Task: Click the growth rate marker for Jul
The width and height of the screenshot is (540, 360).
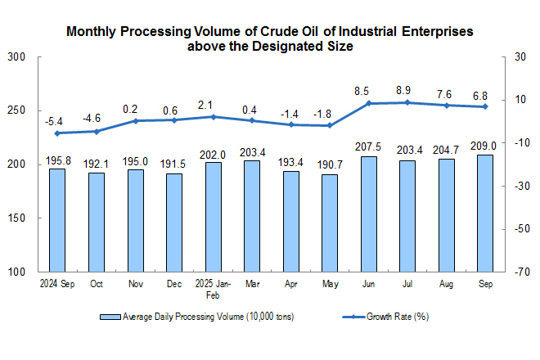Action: point(407,102)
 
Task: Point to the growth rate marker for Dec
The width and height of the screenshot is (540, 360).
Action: point(174,120)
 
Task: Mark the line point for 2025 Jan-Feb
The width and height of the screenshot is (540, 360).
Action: point(213,117)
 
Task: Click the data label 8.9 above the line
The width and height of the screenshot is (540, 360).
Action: point(407,89)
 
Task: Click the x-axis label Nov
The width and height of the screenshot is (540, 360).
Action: point(135,285)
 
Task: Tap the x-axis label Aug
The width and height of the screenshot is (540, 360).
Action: point(447,285)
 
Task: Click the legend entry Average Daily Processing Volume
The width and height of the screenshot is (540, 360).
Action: point(197,316)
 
